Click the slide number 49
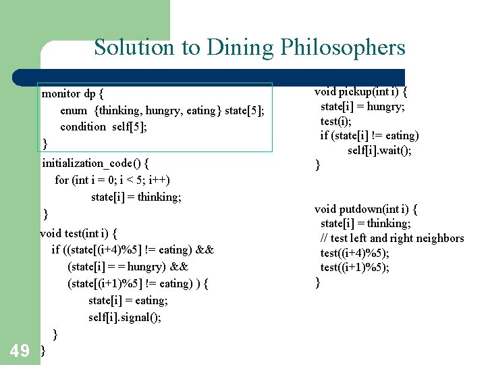click(20, 350)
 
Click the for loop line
click(112, 180)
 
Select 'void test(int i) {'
click(79, 233)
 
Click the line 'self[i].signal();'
click(124, 317)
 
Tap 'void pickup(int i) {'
click(365, 91)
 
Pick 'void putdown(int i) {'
click(367, 209)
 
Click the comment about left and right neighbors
click(392, 238)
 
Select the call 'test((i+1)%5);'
click(355, 267)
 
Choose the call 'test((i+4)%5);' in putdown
click(355, 253)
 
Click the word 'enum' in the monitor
click(74, 109)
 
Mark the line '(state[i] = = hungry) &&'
click(128, 266)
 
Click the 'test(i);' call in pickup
click(336, 121)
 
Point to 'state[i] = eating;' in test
click(128, 300)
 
